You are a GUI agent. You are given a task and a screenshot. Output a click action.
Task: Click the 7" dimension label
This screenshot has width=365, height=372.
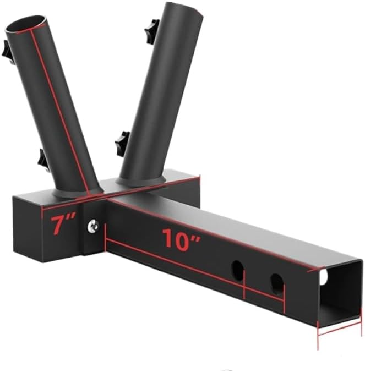point(62,225)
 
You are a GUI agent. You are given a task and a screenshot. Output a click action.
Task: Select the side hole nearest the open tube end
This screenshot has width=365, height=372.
point(277,283)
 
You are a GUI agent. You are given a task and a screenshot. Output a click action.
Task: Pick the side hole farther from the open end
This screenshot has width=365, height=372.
point(237,269)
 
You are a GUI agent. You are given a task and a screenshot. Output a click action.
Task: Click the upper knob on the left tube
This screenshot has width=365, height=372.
point(7,52)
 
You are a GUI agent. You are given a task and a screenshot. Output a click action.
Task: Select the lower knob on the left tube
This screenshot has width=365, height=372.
point(43,160)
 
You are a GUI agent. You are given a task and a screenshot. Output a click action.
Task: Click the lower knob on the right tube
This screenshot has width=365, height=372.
point(122,143)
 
